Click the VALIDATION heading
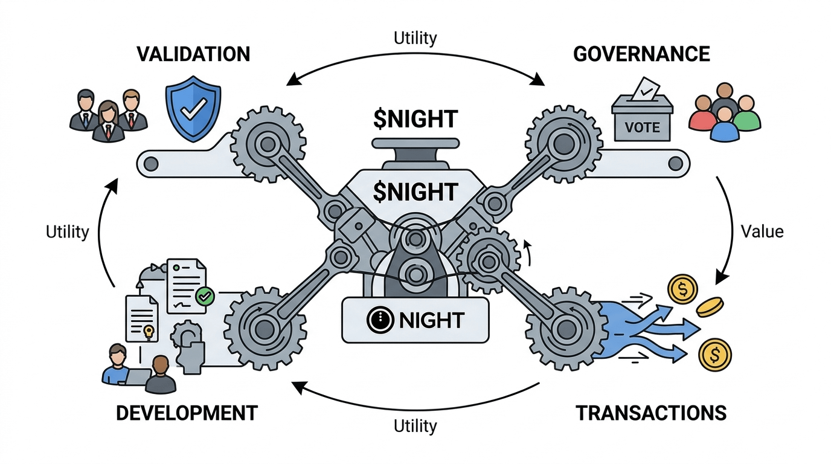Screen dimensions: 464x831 pyautogui.click(x=193, y=54)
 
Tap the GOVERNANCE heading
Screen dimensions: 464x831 pyautogui.click(x=641, y=54)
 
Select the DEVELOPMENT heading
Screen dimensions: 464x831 pyautogui.click(x=187, y=413)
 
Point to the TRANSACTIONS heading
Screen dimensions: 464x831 pyautogui.click(x=650, y=413)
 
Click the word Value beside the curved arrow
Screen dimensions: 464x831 pyautogui.click(x=762, y=231)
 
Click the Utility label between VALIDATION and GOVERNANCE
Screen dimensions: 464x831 pyautogui.click(x=415, y=37)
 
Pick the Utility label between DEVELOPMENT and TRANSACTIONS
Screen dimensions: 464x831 pyautogui.click(x=415, y=425)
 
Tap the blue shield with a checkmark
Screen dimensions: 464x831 pyautogui.click(x=193, y=109)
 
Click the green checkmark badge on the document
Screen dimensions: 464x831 pyautogui.click(x=205, y=296)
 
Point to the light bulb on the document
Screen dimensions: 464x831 pyautogui.click(x=148, y=330)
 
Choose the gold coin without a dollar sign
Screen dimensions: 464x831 pyautogui.click(x=710, y=307)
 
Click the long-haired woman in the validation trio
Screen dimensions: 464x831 pyautogui.click(x=109, y=121)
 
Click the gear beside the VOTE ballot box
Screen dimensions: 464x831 pyautogui.click(x=563, y=143)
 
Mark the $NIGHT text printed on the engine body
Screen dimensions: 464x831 pyautogui.click(x=415, y=192)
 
